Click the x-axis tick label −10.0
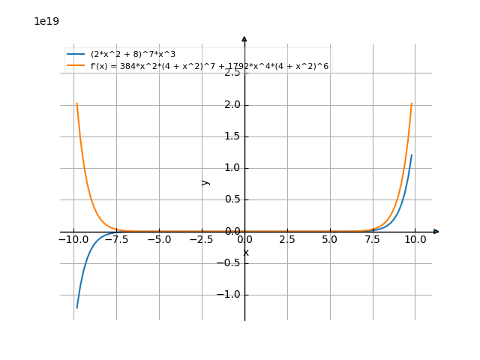(73, 240)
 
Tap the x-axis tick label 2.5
(287, 240)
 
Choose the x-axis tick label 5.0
(330, 240)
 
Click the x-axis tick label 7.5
(373, 240)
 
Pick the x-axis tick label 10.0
(415, 240)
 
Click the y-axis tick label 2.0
(231, 105)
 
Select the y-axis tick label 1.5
(231, 136)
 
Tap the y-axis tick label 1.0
(231, 168)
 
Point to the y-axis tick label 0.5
(231, 199)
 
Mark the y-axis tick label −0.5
(228, 263)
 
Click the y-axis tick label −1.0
(228, 295)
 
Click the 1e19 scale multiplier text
(46, 21)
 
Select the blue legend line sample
(76, 55)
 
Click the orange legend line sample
(76, 66)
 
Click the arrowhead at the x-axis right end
(436, 232)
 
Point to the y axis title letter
(205, 181)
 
